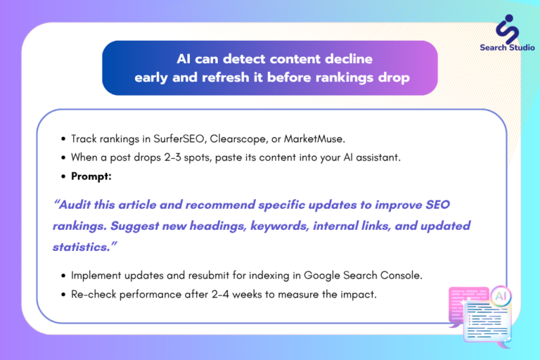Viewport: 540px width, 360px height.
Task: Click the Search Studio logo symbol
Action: (x=507, y=29)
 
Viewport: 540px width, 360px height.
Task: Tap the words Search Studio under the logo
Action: (x=507, y=48)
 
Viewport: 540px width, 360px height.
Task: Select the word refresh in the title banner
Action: (x=225, y=77)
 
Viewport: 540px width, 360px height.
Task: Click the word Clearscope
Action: (x=238, y=139)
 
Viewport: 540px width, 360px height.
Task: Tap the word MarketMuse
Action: (x=314, y=139)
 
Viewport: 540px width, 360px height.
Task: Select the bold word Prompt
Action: (x=91, y=176)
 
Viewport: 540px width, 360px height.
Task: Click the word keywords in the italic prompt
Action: (x=279, y=226)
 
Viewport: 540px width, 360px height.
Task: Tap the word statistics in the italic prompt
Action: (x=82, y=247)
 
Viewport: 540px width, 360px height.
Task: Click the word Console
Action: (x=401, y=276)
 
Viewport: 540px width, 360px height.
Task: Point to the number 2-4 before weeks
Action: (x=220, y=295)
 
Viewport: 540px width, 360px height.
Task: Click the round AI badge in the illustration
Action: (x=501, y=296)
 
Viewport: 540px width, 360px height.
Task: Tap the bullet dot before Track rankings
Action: (x=63, y=139)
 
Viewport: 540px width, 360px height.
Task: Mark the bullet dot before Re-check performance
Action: (x=63, y=295)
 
